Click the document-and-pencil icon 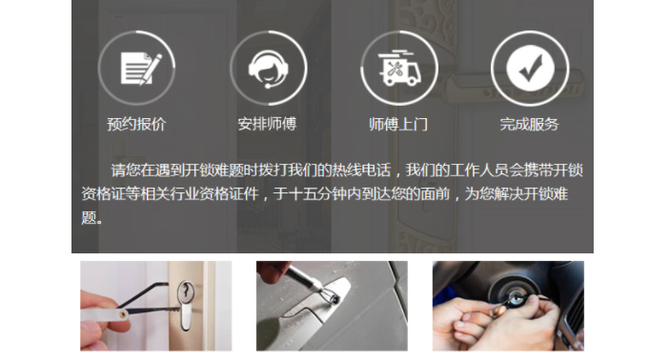[140, 69]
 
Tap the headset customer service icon [268, 69]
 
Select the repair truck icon [398, 69]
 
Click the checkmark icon [530, 69]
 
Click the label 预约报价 [136, 124]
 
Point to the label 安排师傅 [268, 124]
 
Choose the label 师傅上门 [398, 124]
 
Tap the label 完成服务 [530, 124]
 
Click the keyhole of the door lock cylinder [186, 292]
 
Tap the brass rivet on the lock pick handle [123, 314]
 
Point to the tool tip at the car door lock [334, 298]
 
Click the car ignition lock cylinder [516, 297]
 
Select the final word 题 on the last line [89, 217]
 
